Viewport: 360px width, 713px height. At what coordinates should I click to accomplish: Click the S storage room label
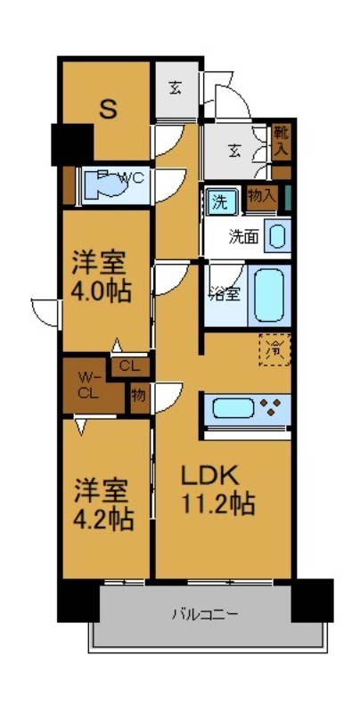coord(108,110)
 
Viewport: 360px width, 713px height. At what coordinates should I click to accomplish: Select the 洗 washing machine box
coord(219,202)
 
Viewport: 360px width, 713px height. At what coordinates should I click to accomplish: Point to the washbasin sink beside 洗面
coord(277,236)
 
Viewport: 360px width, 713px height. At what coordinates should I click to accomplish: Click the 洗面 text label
coord(243,236)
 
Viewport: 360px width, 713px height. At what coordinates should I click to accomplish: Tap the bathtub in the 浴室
coord(271,295)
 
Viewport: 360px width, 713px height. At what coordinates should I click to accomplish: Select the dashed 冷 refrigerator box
coord(275,348)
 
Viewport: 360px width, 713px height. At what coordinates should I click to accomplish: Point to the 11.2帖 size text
coord(220,504)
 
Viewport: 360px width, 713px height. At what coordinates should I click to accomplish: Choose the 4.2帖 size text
coord(103,520)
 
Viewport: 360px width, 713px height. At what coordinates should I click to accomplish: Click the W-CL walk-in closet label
coord(87,382)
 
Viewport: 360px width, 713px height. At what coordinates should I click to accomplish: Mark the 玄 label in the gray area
coord(176,87)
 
